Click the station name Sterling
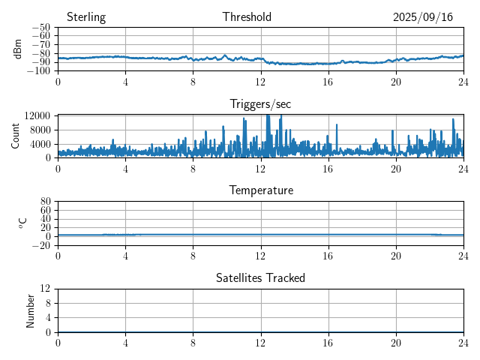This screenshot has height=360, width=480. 86,17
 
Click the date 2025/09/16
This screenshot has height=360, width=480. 423,17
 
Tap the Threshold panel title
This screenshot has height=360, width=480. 247,17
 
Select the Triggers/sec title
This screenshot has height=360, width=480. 260,104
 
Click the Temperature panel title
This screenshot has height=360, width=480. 260,190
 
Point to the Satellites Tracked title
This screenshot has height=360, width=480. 260,277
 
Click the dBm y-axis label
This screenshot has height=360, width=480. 18,49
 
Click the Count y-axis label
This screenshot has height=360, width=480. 16,136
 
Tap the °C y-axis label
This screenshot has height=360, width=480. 22,223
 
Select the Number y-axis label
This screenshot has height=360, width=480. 30,310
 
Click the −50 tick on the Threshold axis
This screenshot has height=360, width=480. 40,28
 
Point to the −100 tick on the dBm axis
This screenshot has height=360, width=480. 37,71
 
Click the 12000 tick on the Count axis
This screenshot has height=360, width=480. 37,115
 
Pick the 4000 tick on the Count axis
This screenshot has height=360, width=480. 40,143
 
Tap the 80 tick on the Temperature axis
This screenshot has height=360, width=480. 45,202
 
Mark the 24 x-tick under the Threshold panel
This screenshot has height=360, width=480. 463,81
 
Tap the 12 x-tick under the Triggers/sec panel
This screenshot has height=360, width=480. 260,168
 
